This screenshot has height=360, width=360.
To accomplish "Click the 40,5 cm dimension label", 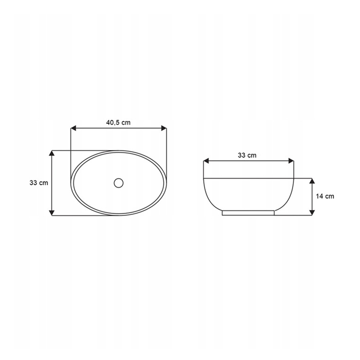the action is tap(118, 123).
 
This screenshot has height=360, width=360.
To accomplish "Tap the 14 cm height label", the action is tap(325, 196).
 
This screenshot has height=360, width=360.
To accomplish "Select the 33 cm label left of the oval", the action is tap(39, 183).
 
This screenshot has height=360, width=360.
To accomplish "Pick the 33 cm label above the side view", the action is tap(247, 156).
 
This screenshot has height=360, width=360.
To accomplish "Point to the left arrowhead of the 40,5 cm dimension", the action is tap(73, 128).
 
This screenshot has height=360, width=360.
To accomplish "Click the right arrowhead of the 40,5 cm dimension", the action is tap(164, 128).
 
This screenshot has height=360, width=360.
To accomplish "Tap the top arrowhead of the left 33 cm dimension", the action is tap(52, 153).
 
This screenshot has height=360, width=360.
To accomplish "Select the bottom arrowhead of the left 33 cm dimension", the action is tap(52, 213).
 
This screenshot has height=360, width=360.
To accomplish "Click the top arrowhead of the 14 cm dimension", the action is tap(312, 181).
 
